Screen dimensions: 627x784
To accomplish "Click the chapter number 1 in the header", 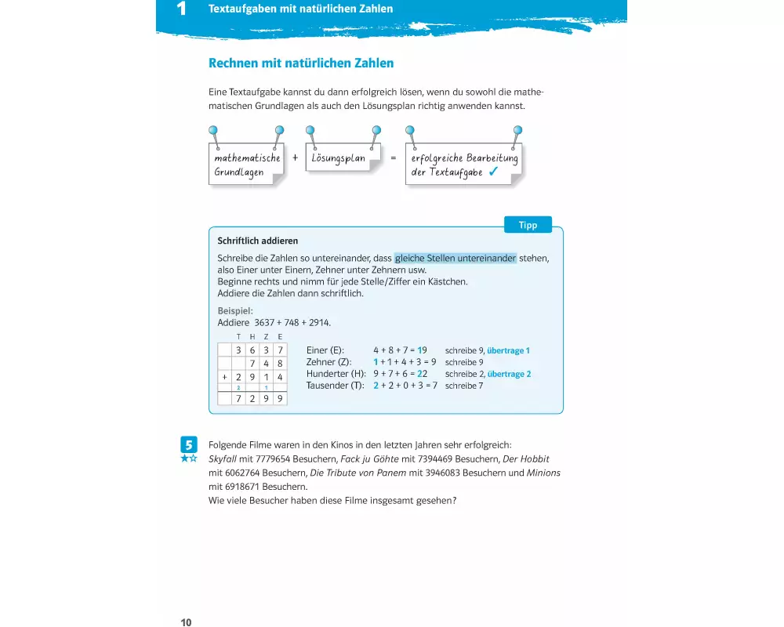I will tap(182, 9).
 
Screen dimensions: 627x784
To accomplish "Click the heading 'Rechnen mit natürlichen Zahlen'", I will tap(301, 63).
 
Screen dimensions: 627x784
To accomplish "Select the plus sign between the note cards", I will tap(296, 157).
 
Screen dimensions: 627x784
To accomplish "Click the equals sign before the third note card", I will tap(393, 157).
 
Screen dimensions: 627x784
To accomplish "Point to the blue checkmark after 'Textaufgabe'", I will tap(494, 172).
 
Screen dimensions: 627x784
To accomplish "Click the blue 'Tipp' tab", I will tap(528, 225).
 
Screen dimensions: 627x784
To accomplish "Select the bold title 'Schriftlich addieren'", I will tap(257, 241).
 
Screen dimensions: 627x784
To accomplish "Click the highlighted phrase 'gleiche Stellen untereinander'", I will tap(456, 258).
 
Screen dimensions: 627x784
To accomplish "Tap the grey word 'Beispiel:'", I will tap(235, 310).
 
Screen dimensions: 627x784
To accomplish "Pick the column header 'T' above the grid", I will tap(239, 337).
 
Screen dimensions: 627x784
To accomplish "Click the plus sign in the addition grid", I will tap(224, 376).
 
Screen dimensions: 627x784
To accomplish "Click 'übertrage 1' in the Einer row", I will tap(509, 350).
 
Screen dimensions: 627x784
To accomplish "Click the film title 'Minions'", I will tap(543, 473).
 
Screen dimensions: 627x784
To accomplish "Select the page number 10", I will tap(186, 622).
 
